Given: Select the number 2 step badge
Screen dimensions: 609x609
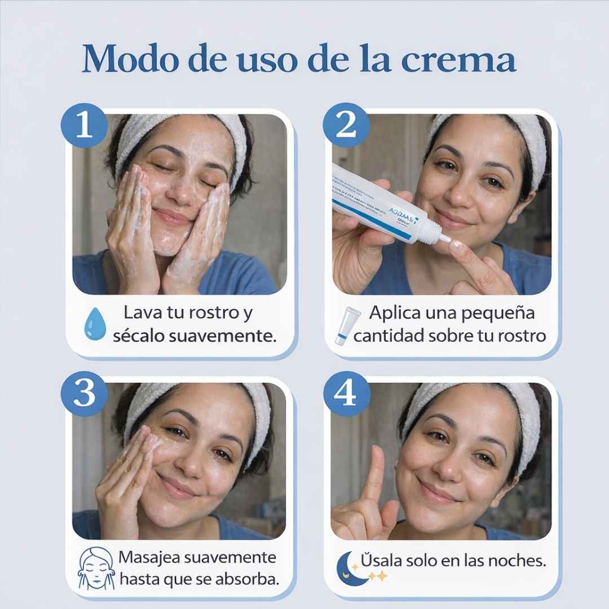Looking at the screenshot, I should (345, 125).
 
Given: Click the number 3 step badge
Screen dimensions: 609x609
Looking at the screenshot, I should (85, 394).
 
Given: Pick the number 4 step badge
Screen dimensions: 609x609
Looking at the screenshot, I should (345, 394).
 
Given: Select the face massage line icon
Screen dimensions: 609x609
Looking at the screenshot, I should (96, 570).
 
